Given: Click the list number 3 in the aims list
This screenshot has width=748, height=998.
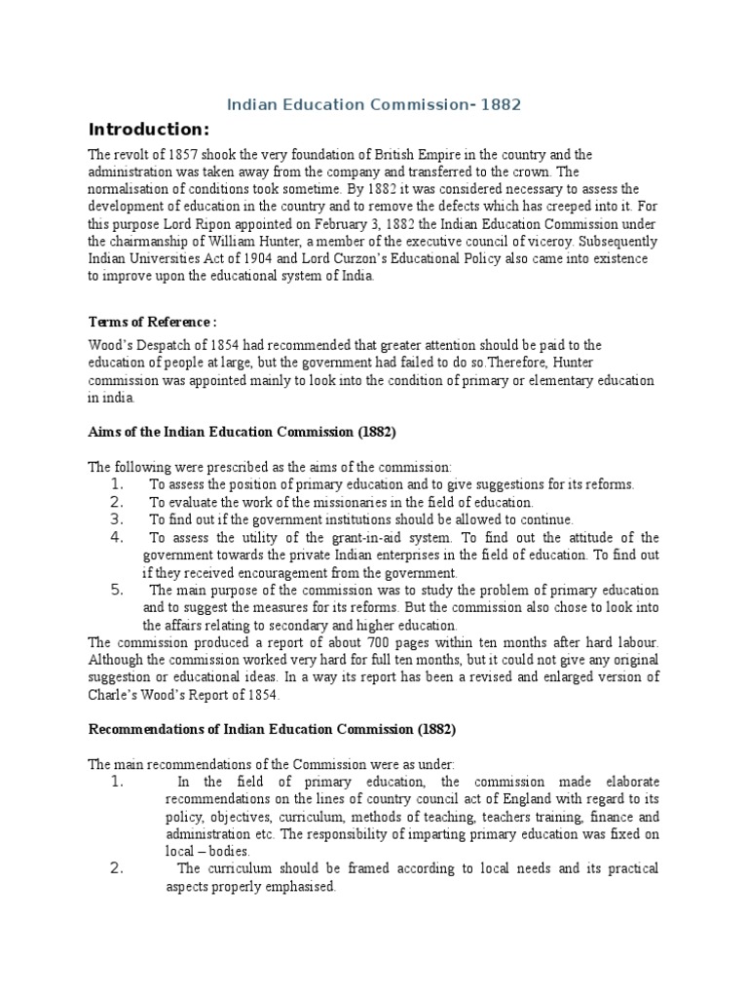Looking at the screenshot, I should click(116, 519).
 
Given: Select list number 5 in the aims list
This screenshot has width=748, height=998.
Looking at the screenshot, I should click(116, 590).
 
